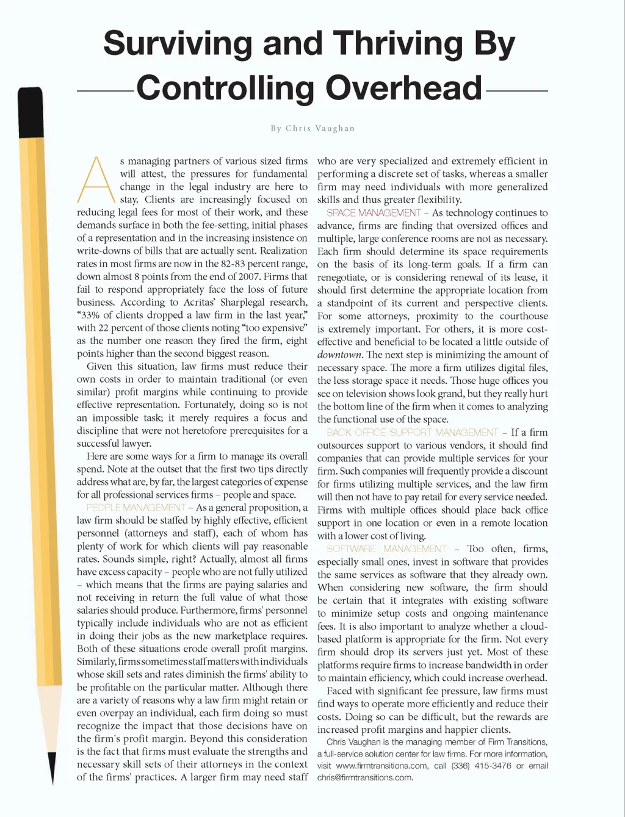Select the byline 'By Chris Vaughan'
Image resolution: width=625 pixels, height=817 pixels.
tap(312, 128)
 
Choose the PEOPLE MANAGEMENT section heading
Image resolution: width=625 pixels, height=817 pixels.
tap(135, 508)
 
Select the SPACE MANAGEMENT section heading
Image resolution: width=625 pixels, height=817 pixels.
tap(374, 213)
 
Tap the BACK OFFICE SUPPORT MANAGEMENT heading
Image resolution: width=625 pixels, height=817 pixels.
tap(413, 433)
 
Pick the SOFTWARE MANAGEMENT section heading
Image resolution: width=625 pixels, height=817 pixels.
tap(386, 549)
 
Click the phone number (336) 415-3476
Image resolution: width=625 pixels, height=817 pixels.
tap(481, 766)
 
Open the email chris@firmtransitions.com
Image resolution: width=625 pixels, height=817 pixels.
tap(365, 778)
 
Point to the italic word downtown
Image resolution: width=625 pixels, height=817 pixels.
tap(339, 355)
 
